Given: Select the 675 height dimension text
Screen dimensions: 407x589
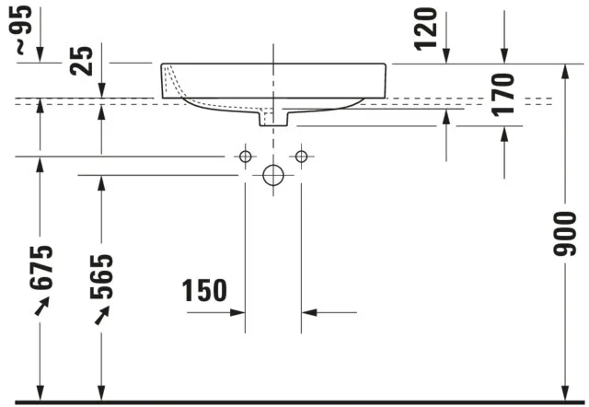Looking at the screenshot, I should tap(41, 268).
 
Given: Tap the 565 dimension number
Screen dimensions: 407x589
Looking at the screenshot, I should tap(102, 276).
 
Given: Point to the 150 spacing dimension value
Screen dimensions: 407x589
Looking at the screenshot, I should tap(203, 291).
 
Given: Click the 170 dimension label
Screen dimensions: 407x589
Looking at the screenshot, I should tap(502, 96).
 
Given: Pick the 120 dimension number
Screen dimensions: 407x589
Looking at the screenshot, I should tap(425, 30).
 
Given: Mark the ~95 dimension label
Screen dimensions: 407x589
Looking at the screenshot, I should tap(23, 31).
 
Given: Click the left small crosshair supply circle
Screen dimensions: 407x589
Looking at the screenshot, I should tap(245, 157).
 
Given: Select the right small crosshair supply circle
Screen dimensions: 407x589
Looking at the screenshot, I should tap(301, 157).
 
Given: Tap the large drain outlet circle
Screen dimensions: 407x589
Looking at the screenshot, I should tap(273, 175).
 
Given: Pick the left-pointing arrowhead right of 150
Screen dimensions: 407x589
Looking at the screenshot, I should tap(309, 313).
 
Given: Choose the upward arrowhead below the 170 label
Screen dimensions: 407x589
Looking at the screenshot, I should tap(503, 133).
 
